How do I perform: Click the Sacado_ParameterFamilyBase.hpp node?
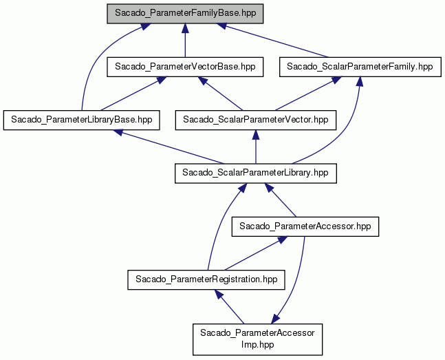[185, 14]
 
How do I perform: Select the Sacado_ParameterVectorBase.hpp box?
[185, 67]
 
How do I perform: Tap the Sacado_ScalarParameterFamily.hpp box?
[360, 67]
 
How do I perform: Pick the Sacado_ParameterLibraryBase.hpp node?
[81, 120]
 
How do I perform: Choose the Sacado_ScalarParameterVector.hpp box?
[256, 120]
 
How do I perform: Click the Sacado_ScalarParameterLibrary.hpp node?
[256, 173]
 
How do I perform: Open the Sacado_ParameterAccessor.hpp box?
[305, 226]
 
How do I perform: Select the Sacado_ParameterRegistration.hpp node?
[206, 279]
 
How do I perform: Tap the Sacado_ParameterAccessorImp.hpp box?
[257, 339]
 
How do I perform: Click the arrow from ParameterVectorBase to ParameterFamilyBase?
[185, 41]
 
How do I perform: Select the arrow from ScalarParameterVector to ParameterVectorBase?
[221, 94]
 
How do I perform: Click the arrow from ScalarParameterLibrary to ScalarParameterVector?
[256, 147]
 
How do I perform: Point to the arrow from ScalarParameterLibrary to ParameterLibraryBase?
[169, 147]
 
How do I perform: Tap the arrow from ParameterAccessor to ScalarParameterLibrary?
[281, 200]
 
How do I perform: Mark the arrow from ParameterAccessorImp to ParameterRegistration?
[229, 306]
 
